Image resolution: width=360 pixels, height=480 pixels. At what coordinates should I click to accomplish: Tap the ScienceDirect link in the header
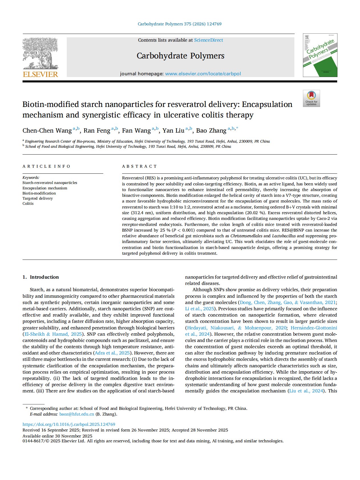[209, 40]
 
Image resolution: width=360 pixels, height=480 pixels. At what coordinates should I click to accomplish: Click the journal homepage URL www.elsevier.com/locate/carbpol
[203, 74]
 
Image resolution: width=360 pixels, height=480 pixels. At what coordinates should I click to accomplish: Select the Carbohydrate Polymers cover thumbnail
[320, 55]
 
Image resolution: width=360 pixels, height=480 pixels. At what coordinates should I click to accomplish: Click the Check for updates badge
[311, 98]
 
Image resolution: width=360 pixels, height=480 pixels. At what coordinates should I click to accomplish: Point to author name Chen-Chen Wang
[47, 131]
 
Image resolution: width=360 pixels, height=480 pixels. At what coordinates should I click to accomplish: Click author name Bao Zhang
[211, 131]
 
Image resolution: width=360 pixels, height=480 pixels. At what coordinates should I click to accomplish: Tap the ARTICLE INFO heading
[46, 166]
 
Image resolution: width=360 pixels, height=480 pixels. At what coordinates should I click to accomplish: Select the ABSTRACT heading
[139, 166]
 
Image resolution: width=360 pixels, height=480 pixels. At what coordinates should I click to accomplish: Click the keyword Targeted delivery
[38, 198]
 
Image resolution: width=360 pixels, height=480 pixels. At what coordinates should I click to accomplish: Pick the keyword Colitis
[28, 203]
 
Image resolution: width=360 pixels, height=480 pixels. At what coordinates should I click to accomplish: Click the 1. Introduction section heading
[41, 277]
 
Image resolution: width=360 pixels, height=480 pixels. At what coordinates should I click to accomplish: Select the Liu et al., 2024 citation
[306, 391]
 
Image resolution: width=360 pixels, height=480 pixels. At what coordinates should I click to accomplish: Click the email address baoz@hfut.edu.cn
[76, 414]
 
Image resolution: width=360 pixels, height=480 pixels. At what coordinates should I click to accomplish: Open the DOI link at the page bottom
[69, 424]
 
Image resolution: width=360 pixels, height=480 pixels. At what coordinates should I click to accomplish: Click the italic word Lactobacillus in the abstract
[284, 236]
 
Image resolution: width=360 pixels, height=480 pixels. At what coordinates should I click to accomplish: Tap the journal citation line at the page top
[179, 24]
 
